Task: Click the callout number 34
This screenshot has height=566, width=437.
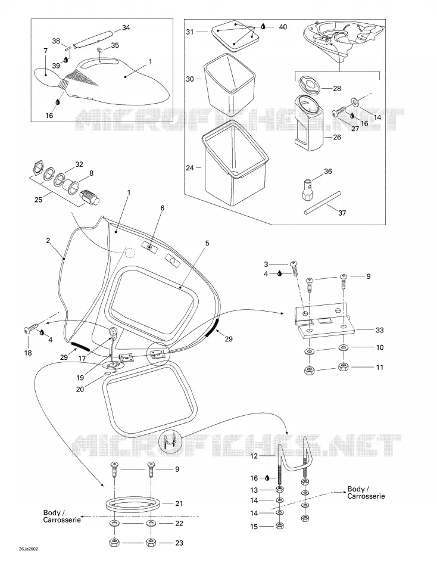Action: click(x=126, y=27)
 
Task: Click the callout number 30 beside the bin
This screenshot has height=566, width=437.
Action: click(x=190, y=79)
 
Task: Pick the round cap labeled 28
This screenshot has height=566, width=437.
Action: click(x=310, y=86)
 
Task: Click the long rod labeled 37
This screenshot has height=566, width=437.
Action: click(x=323, y=203)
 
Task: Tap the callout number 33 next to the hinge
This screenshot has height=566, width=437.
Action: click(x=380, y=330)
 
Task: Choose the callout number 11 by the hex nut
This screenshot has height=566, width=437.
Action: click(x=380, y=367)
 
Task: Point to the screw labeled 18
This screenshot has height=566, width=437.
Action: click(x=31, y=328)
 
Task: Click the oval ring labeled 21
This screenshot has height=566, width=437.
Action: click(x=133, y=504)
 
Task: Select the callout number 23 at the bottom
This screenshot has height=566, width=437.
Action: click(x=179, y=543)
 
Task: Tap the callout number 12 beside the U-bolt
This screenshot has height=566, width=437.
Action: click(x=254, y=456)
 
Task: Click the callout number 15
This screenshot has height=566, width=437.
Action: click(x=254, y=527)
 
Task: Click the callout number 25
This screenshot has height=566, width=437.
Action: click(x=38, y=199)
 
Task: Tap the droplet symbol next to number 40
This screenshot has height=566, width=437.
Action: click(x=263, y=26)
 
